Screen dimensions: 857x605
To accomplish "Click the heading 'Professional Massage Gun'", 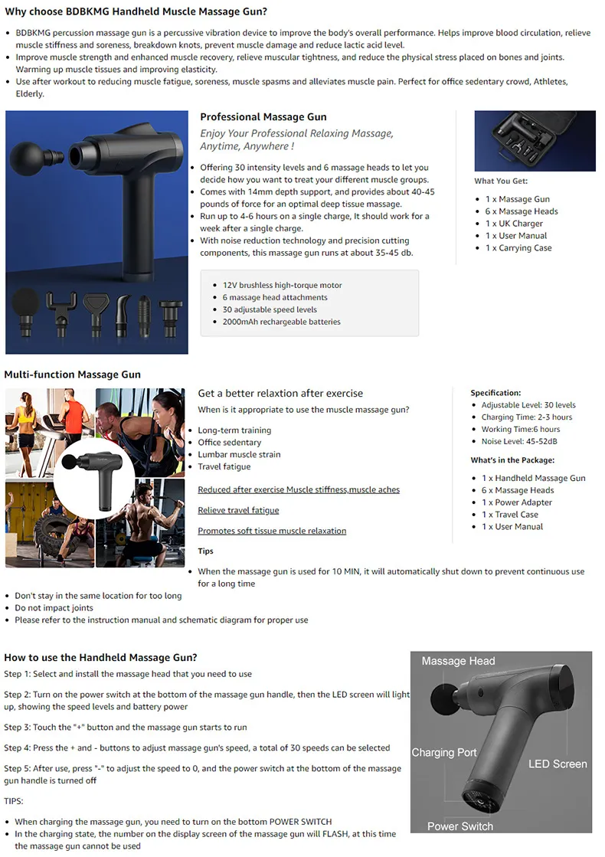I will pos(263,117).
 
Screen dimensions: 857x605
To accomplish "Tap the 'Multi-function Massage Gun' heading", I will pos(72,375).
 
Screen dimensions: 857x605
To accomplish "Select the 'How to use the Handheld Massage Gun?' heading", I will pos(100,657).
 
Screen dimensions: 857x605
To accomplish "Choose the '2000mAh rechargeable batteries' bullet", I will pos(281,322).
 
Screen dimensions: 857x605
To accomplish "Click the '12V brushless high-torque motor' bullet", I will pos(282,285).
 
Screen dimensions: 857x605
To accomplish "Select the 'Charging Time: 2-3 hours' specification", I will pos(526,417).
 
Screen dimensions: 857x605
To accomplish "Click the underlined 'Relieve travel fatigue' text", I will pos(238,510).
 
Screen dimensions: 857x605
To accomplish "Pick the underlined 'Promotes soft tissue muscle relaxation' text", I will pos(272,531).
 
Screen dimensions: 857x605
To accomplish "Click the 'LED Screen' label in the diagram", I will pos(558,764).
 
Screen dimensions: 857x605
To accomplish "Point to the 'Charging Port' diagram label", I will pos(444,753).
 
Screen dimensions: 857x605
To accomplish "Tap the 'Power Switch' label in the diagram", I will pos(460,826).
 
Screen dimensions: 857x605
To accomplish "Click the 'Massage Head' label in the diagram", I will pos(458,661).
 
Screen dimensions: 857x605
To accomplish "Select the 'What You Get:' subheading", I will pos(501,182).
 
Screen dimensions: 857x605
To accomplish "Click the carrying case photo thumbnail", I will pos(535,141).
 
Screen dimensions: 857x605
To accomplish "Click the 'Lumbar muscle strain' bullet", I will pos(239,454).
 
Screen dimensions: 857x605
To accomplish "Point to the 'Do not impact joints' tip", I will pos(54,608).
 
